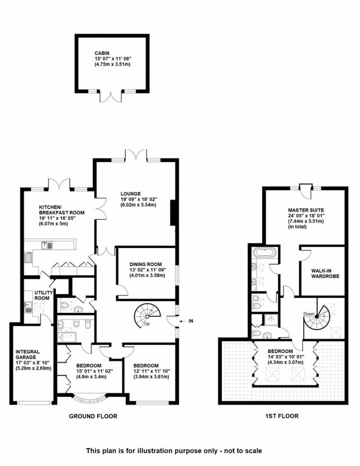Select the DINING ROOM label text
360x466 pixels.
tap(146, 264)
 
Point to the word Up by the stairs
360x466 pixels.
tap(147, 323)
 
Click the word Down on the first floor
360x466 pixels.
tap(308, 313)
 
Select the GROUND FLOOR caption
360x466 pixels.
tap(93, 416)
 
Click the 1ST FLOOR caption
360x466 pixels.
tap(282, 416)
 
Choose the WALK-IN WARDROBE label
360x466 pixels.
tap(322, 273)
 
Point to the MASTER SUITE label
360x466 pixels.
tap(306, 210)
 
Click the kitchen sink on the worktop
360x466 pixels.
tap(47, 245)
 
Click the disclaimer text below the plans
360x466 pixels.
tap(174, 450)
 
